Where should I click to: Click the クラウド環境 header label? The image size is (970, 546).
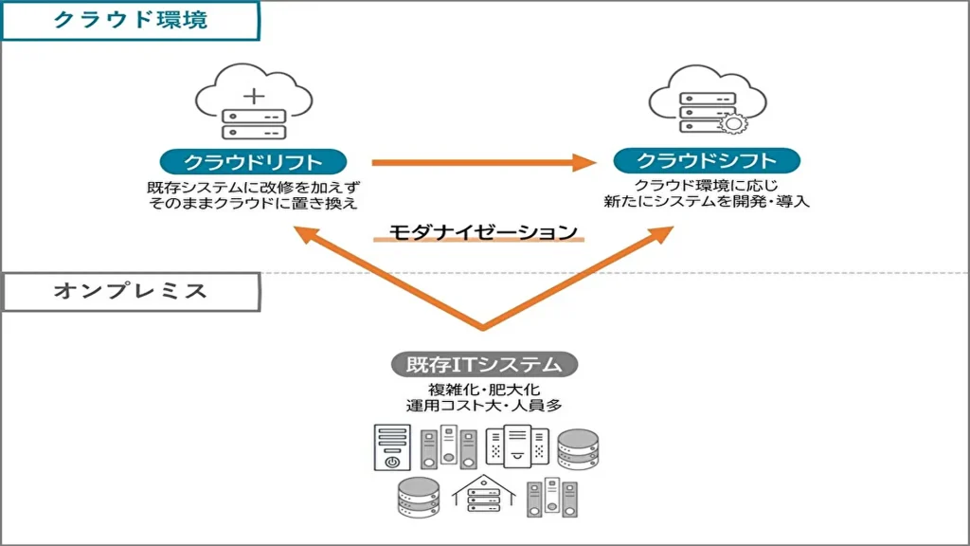131,20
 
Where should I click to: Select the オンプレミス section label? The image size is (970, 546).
131,291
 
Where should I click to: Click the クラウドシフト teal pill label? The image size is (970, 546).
707,160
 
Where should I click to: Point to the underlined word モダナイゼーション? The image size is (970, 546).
483,231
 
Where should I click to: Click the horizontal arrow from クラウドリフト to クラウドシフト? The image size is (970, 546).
474,162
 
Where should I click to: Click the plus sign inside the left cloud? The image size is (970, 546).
254,96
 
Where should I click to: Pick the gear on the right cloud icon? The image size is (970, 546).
731,124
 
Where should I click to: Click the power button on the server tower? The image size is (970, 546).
391,462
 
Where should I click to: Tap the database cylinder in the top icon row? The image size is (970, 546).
578,449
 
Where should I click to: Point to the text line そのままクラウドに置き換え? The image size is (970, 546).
253,203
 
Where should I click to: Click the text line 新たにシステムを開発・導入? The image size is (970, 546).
707,201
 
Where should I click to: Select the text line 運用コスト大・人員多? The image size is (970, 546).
484,407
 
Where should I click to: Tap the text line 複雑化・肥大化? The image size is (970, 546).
484,390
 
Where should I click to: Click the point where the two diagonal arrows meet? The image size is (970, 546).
483,327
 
